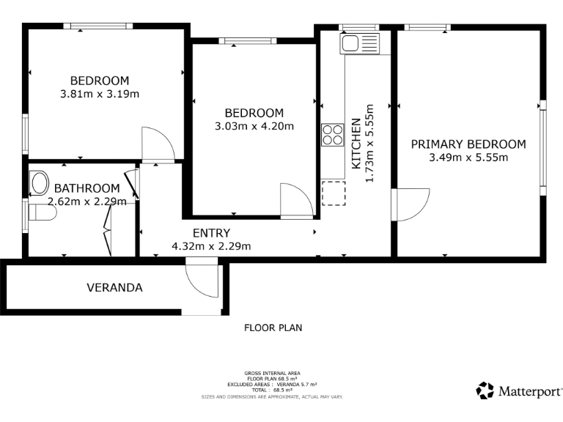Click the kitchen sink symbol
tap(358, 43)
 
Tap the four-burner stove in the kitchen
tap(332, 136)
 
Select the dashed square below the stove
tap(332, 193)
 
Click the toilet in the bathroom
tap(41, 213)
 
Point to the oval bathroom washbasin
tap(38, 183)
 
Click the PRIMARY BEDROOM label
tap(468, 144)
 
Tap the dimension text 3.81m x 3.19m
tap(100, 94)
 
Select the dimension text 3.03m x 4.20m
tap(254, 126)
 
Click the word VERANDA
tap(114, 287)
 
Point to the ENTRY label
tap(211, 234)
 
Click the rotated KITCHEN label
tap(356, 143)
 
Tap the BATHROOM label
tap(87, 188)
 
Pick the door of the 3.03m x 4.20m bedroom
tap(297, 201)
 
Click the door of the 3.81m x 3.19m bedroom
tap(157, 144)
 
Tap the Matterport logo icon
tap(485, 390)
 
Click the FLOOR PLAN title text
tap(273, 328)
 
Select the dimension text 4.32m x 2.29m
tap(211, 246)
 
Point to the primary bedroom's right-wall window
tap(543, 147)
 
